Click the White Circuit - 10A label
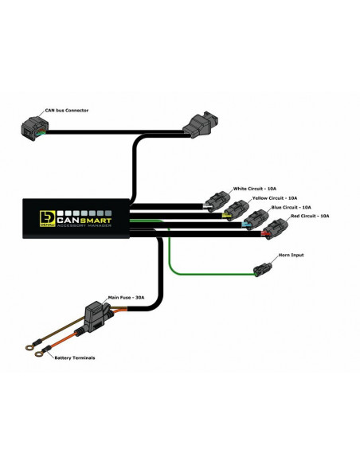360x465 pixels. pos(253,188)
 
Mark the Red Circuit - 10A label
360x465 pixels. pos(309,216)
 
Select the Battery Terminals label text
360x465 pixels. pos(76,358)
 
